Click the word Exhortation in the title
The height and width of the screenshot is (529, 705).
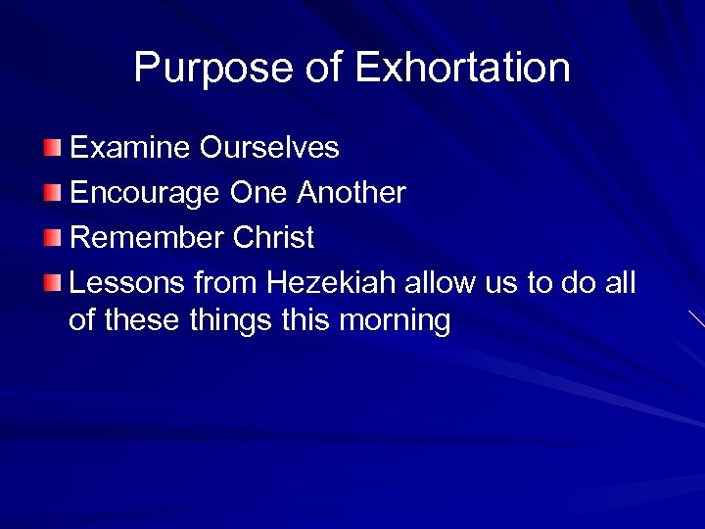pos(462,69)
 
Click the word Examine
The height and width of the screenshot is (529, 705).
pos(131,148)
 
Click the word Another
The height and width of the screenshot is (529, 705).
pos(352,193)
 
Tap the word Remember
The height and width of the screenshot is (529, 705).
pos(148,238)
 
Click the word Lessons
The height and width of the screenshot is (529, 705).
pos(127,283)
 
